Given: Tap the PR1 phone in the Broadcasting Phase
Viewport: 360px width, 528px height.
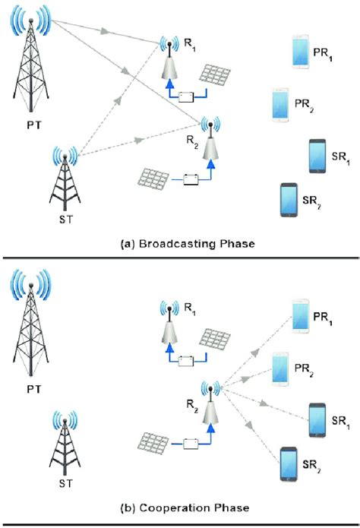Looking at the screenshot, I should [303, 52].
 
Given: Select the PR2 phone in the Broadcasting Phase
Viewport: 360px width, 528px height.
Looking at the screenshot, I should [283, 105].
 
